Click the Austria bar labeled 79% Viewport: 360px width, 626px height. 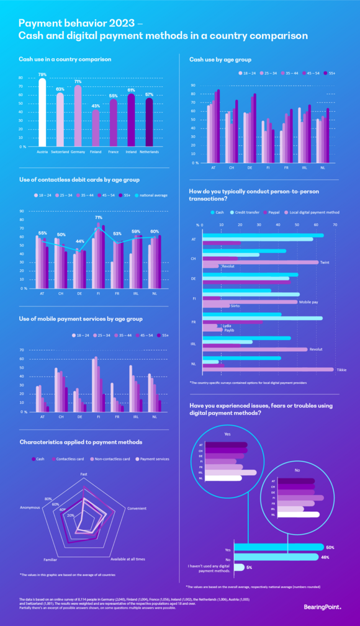tap(42, 112)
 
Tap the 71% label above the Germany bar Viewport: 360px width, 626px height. tap(78, 81)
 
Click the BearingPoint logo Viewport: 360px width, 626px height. tap(322, 607)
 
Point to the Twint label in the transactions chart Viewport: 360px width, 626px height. tap(325, 262)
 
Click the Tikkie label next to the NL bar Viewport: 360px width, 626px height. tap(341, 370)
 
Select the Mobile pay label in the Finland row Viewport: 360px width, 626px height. tap(309, 302)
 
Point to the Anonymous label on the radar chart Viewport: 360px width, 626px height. tap(30, 508)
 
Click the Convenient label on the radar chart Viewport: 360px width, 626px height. tap(137, 508)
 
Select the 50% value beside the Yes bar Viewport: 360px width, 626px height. tap(330, 547)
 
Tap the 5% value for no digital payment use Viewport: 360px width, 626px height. tap(249, 567)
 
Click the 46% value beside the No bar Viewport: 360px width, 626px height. tap(325, 557)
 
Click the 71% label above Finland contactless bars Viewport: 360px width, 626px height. tap(98, 218)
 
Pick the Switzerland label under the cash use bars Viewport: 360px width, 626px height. tap(60, 151)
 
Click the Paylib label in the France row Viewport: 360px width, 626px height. tap(228, 330)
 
